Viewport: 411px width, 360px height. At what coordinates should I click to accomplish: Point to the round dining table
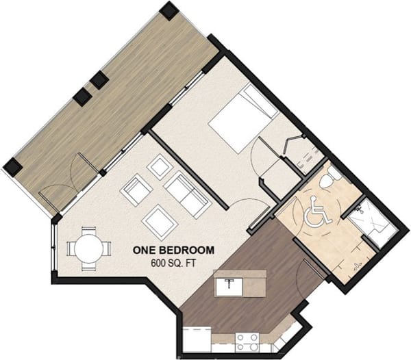click(89, 248)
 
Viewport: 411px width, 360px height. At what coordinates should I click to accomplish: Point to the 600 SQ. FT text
click(173, 263)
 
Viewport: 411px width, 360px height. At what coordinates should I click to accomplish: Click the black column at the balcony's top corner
click(169, 10)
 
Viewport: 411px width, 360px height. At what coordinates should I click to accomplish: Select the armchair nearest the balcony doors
click(136, 189)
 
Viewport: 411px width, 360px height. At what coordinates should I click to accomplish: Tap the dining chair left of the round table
click(69, 246)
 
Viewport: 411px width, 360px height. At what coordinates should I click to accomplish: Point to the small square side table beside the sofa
click(162, 166)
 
